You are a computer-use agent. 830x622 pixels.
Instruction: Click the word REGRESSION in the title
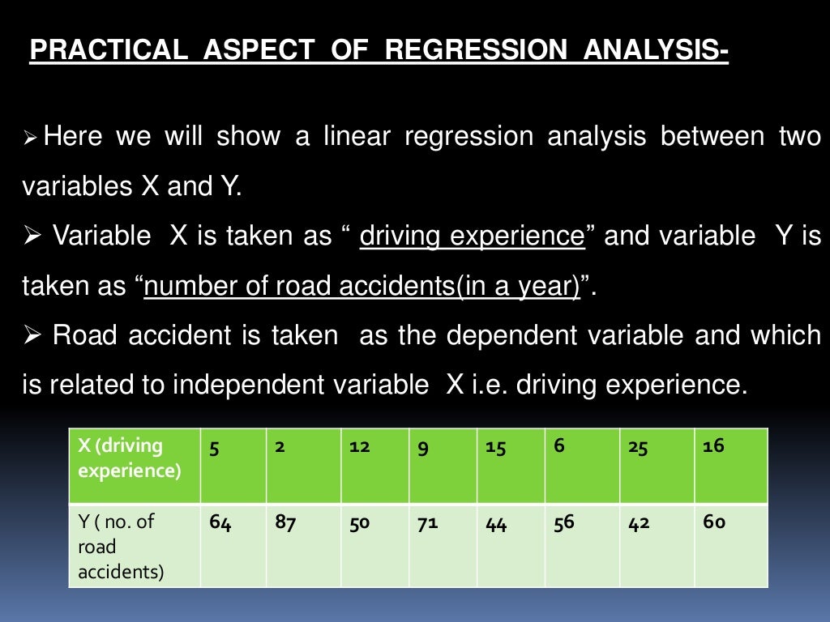(x=476, y=51)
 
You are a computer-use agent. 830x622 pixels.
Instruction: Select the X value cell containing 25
(x=657, y=466)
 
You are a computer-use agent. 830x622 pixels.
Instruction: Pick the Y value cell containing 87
(x=303, y=545)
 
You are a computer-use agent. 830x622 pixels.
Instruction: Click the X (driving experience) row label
(x=134, y=466)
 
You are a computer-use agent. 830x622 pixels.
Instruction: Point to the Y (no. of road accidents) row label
(x=134, y=545)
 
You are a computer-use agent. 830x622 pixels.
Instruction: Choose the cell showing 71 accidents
(x=443, y=545)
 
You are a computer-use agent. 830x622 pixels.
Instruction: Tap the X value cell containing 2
(x=303, y=466)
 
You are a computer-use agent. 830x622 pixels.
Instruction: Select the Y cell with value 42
(x=657, y=545)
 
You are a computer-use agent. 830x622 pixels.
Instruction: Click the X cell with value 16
(x=730, y=466)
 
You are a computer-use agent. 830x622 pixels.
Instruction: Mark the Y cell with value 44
(x=511, y=545)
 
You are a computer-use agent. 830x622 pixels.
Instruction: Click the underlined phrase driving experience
(x=472, y=236)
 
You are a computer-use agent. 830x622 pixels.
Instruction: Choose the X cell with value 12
(x=374, y=466)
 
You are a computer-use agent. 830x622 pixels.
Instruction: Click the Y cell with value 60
(x=730, y=545)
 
